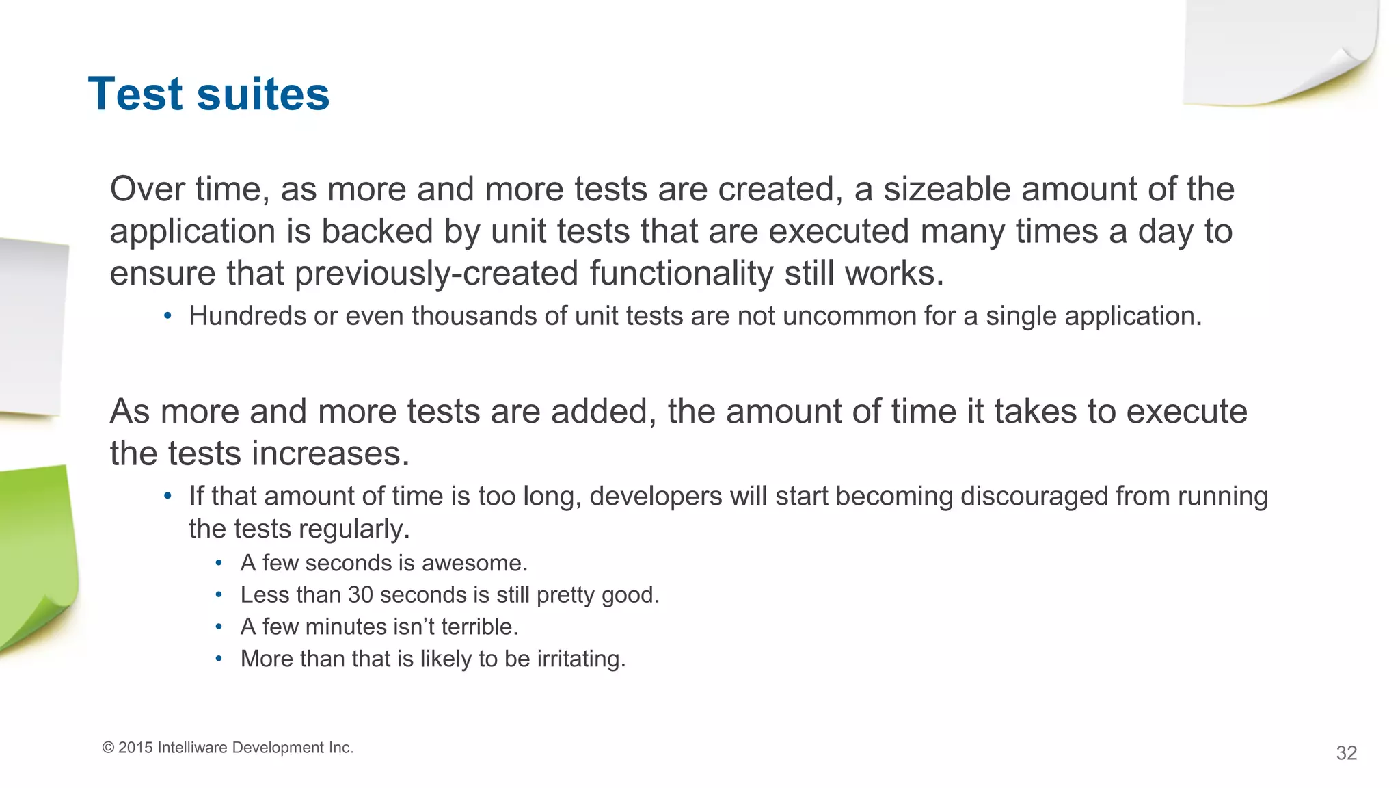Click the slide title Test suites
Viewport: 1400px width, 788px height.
[x=208, y=94]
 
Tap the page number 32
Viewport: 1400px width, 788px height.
[x=1346, y=753]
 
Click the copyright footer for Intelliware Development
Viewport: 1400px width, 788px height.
[x=228, y=748]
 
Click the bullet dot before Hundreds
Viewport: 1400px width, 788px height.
[x=167, y=316]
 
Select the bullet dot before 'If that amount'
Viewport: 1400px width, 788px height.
[x=167, y=496]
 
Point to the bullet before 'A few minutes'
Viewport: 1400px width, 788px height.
[x=219, y=627]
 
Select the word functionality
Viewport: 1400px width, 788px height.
[x=681, y=274]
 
